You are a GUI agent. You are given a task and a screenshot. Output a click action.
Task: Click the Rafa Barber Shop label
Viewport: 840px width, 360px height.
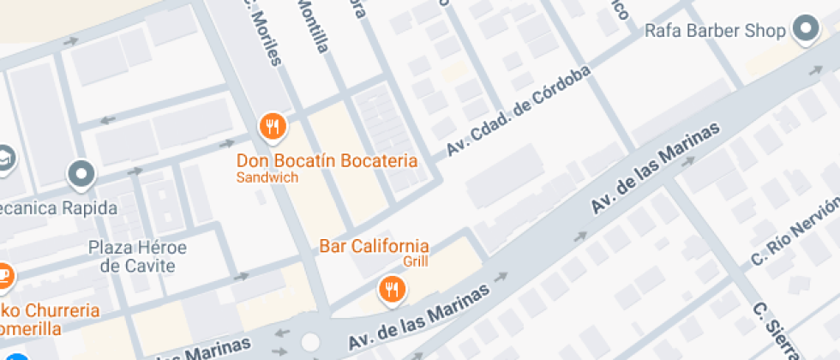(715, 32)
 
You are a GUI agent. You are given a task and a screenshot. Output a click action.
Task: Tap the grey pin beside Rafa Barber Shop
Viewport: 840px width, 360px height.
(806, 29)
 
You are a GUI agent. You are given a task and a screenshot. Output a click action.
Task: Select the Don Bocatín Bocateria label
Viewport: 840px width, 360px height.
(327, 161)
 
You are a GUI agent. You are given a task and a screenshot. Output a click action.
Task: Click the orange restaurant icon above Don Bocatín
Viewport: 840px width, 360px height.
(273, 127)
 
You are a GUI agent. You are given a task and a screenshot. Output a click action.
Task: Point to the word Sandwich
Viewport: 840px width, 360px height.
(267, 178)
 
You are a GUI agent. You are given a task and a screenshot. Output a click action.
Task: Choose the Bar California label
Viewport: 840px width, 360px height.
(374, 247)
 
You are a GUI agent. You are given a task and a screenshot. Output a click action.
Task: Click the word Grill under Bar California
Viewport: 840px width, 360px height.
(415, 262)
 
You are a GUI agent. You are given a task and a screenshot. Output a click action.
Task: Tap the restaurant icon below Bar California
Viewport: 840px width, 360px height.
(393, 288)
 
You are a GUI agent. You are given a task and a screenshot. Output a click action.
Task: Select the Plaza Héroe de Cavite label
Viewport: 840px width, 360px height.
(138, 256)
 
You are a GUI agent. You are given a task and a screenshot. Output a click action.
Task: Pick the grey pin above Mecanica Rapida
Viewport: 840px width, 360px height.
(81, 174)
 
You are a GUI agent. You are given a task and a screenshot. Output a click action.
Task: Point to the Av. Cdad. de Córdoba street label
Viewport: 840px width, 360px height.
(519, 112)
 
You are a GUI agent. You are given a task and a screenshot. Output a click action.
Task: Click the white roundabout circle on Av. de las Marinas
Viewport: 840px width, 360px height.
(310, 342)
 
